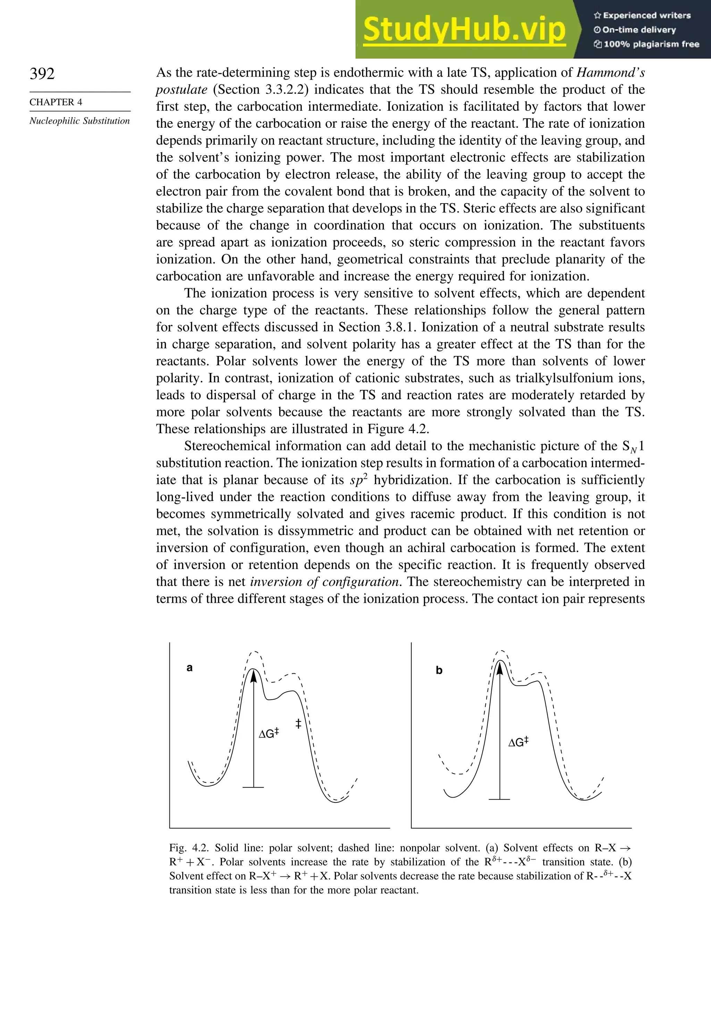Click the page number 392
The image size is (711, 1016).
[42, 74]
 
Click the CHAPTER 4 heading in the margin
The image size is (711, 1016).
[56, 102]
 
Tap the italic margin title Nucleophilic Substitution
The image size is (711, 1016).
[80, 121]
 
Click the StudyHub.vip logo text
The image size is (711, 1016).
[464, 30]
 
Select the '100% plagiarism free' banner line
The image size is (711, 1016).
[647, 44]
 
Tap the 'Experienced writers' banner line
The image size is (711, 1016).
[642, 16]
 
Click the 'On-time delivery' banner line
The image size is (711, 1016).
[635, 30]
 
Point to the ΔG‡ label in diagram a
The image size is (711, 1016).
[269, 733]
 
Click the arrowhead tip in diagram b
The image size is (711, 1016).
[500, 662]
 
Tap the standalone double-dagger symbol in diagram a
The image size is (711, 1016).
[298, 724]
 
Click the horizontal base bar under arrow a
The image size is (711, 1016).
[253, 787]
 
